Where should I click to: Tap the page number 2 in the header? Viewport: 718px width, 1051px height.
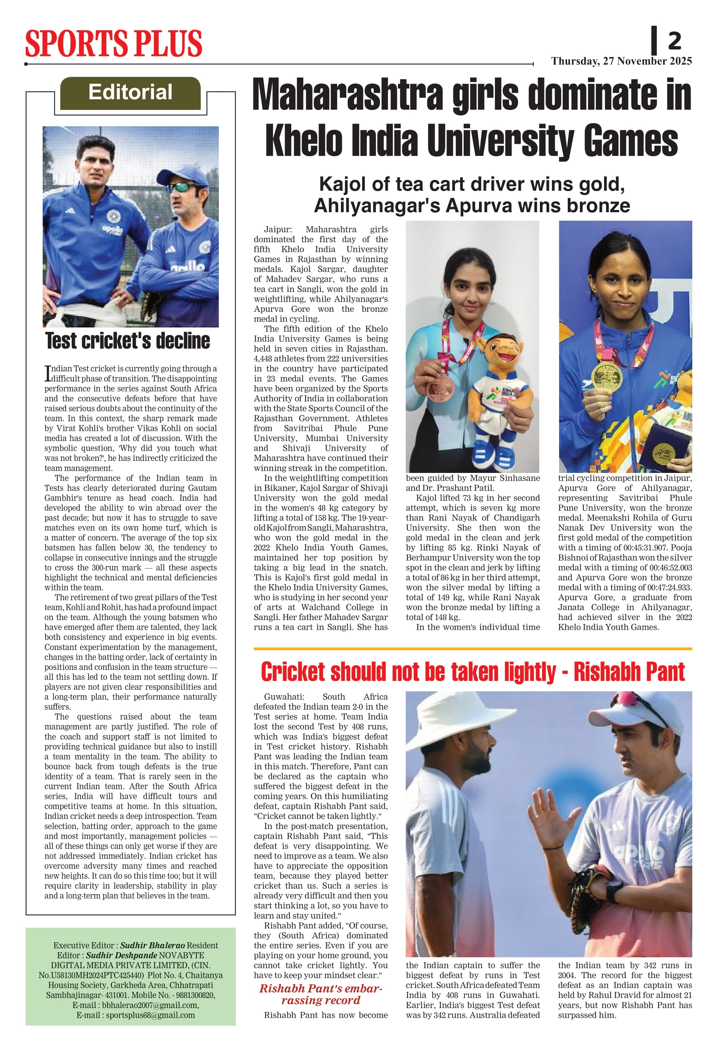point(674,41)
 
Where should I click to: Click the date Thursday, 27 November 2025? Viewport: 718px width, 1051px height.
point(621,61)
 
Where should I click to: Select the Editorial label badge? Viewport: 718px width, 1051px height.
point(130,93)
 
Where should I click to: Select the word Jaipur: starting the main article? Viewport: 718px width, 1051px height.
point(278,230)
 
